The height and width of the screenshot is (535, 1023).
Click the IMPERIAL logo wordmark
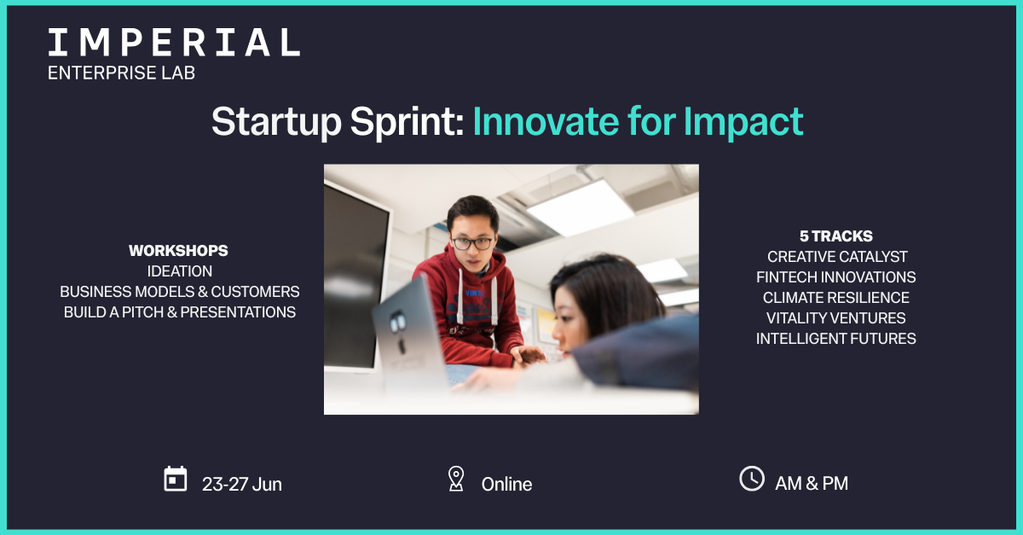click(174, 43)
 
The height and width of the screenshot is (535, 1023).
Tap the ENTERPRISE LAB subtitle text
click(121, 73)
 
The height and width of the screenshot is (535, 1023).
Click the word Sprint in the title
click(407, 122)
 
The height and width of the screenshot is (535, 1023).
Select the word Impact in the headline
click(743, 122)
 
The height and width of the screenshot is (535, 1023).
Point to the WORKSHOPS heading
click(178, 251)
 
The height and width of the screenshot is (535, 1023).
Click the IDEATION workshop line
click(180, 271)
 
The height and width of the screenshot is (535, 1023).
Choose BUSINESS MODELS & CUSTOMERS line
click(180, 292)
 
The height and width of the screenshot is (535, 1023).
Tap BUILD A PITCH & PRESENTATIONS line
click(180, 312)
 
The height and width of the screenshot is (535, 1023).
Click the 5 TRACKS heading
click(836, 236)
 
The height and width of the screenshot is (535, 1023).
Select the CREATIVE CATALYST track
click(837, 257)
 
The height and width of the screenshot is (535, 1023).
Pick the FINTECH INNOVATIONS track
click(835, 277)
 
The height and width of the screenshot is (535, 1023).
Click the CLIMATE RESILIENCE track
click(835, 298)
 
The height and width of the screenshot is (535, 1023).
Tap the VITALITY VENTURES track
click(835, 318)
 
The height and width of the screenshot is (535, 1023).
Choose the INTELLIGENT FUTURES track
click(835, 339)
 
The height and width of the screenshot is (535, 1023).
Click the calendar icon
click(176, 480)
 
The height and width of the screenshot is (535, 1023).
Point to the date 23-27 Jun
click(242, 485)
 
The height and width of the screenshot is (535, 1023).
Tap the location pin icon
click(456, 479)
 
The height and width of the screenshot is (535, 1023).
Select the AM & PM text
click(812, 483)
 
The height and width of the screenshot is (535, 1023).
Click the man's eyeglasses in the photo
click(471, 242)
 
